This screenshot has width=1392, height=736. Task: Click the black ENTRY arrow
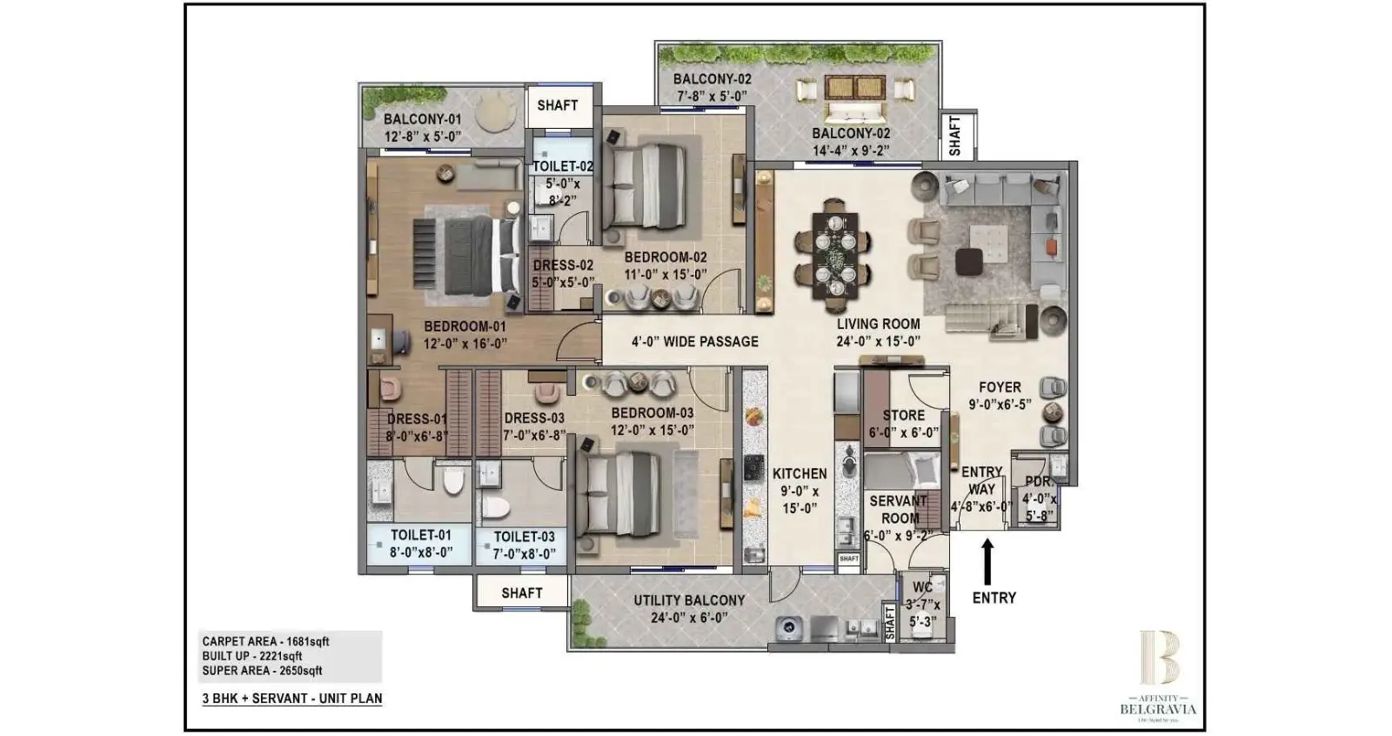pyautogui.click(x=987, y=562)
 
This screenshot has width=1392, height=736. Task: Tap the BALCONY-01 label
pyautogui.click(x=423, y=120)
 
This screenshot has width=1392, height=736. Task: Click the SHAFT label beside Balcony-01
pyautogui.click(x=557, y=105)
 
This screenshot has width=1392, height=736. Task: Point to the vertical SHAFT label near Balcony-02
pyautogui.click(x=955, y=136)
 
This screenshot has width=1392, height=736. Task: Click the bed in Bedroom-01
pyautogui.click(x=472, y=256)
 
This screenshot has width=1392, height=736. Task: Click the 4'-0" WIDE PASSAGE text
pyautogui.click(x=694, y=342)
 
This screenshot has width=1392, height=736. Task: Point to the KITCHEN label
pyautogui.click(x=800, y=474)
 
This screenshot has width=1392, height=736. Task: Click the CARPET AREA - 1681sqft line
pyautogui.click(x=265, y=642)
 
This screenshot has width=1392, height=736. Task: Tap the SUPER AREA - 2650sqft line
pyautogui.click(x=262, y=671)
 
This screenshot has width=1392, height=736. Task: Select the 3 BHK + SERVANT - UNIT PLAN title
pyautogui.click(x=291, y=699)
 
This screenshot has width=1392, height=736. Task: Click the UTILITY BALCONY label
pyautogui.click(x=688, y=600)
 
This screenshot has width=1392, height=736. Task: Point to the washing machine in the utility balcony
pyautogui.click(x=788, y=627)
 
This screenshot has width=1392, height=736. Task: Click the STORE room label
pyautogui.click(x=903, y=416)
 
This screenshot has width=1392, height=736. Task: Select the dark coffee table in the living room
pyautogui.click(x=968, y=261)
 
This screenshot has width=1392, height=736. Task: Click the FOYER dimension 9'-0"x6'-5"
pyautogui.click(x=1000, y=405)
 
